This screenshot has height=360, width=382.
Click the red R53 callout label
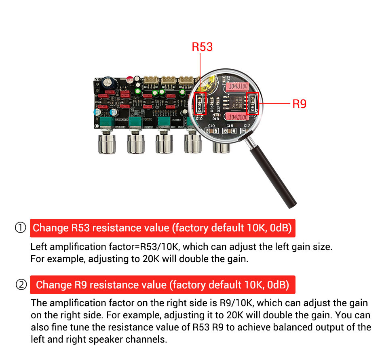[202, 47]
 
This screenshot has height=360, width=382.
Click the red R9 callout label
[299, 104]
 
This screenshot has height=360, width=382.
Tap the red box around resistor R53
[200, 103]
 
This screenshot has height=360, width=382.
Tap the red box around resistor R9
[253, 103]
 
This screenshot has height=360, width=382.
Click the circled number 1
[21, 228]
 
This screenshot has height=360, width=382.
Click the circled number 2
[21, 285]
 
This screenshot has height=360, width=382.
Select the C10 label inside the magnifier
[211, 126]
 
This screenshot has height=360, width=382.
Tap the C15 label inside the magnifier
[230, 126]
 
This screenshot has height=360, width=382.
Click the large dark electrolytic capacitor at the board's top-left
[110, 84]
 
